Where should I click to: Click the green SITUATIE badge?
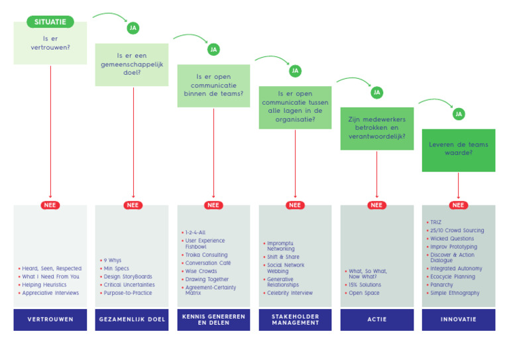[x=50, y=22]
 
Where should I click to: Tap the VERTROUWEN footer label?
[x=50, y=320]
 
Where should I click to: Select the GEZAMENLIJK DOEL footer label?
[x=132, y=320]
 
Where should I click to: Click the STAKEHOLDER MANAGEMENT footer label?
[x=295, y=320]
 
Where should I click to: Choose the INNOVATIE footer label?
[x=458, y=320]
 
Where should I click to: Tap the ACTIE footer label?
[x=376, y=320]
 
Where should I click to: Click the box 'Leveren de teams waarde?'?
[x=458, y=150]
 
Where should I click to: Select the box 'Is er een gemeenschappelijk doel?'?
[x=132, y=64]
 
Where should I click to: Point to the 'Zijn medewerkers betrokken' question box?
[x=376, y=128]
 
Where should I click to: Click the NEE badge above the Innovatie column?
[x=458, y=205]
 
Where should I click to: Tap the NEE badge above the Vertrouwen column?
[x=50, y=205]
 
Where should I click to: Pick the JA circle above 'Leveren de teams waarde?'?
[x=459, y=114]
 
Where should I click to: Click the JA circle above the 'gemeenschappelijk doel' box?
[x=133, y=28]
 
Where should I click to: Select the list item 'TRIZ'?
[x=435, y=223]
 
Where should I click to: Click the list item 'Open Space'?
[x=364, y=293]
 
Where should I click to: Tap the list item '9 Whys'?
[x=113, y=261]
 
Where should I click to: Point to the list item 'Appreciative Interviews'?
[x=50, y=293]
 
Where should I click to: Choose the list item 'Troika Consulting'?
[x=206, y=255]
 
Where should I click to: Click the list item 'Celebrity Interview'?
[x=290, y=293]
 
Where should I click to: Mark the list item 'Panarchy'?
[x=442, y=285]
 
